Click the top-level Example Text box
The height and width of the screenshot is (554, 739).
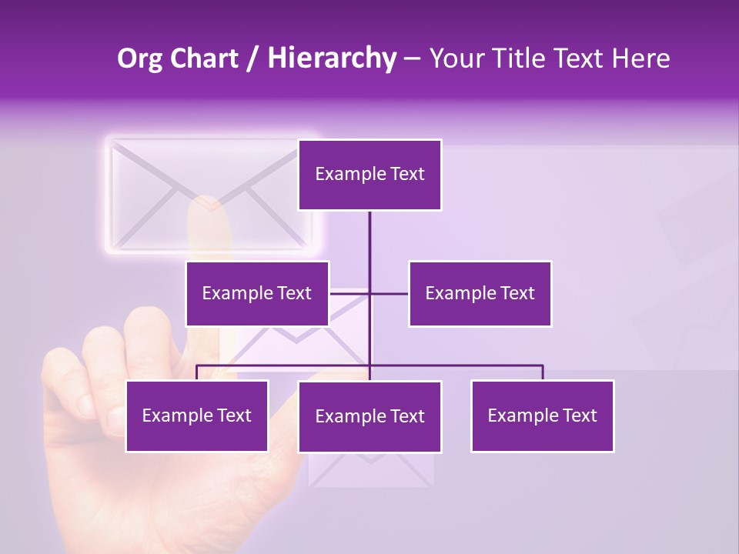coord(369,175)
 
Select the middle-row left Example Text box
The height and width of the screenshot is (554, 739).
coord(257,293)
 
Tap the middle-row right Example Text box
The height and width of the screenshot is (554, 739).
coord(480,293)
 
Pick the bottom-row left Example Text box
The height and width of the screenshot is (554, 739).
coord(197,415)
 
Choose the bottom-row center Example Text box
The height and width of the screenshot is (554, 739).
coord(369,416)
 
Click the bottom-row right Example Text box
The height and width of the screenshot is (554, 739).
coord(542,415)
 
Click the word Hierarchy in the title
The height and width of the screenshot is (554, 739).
coord(331,58)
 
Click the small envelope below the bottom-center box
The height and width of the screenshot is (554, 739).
coord(370,470)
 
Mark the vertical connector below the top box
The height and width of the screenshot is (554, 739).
coord(369,246)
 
